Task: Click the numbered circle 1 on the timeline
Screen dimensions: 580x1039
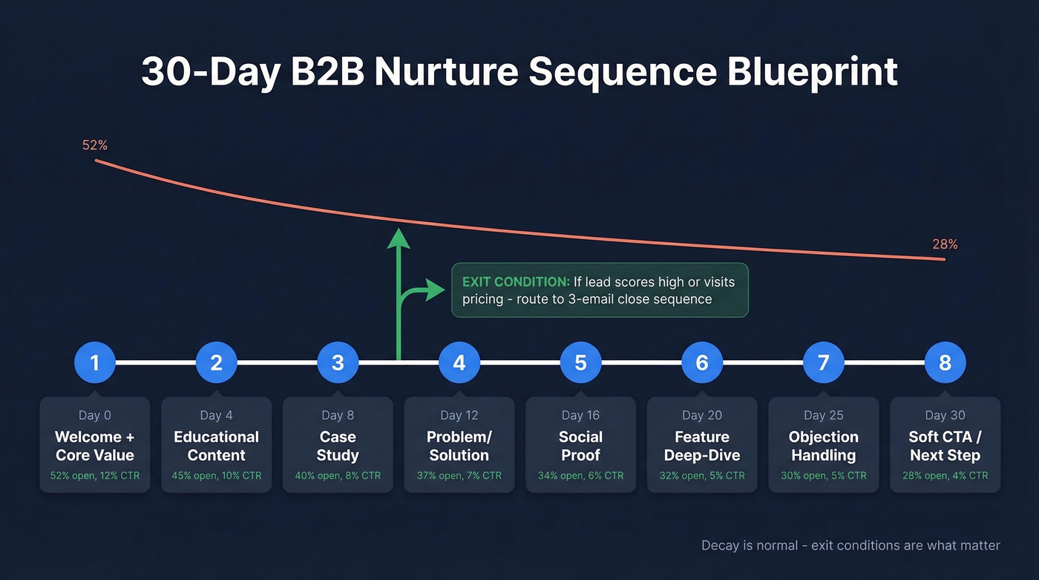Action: (x=95, y=362)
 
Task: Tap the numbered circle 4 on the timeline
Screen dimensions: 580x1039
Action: (x=459, y=362)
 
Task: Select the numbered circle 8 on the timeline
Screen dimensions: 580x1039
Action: (x=945, y=362)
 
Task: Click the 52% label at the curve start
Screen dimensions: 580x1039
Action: (x=95, y=146)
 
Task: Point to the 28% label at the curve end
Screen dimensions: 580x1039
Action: (x=945, y=244)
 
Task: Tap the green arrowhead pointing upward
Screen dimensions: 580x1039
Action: (x=399, y=238)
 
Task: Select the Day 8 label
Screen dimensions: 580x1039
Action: (x=338, y=415)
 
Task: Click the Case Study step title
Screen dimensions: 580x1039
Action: (x=338, y=446)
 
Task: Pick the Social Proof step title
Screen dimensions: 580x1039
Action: (x=580, y=446)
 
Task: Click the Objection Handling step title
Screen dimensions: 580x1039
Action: (x=823, y=446)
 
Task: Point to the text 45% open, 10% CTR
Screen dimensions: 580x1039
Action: (x=216, y=475)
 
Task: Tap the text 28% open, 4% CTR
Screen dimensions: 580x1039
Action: (x=945, y=475)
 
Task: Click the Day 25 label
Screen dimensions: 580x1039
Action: (x=823, y=415)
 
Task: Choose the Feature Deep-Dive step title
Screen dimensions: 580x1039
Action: (x=702, y=446)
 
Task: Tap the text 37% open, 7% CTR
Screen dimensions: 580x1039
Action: (x=459, y=475)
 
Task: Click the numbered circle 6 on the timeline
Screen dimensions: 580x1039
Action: (x=702, y=362)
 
